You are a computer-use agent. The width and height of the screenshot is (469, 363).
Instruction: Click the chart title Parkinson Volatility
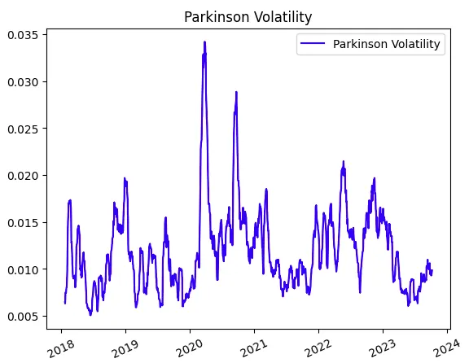click(248, 16)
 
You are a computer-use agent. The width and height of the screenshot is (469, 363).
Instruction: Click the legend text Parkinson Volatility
click(387, 45)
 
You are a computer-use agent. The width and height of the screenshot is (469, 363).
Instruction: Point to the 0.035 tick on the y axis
click(24, 34)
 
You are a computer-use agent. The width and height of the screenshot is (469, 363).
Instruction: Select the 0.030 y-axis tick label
click(24, 81)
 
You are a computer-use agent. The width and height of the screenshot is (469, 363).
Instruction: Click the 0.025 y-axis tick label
click(24, 129)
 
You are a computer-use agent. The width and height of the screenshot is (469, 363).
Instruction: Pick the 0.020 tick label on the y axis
click(24, 176)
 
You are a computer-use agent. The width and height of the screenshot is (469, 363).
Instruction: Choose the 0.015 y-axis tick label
click(24, 222)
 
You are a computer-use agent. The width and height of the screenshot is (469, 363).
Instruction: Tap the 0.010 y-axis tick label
click(24, 269)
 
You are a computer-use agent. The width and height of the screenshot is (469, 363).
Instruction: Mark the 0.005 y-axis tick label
click(24, 317)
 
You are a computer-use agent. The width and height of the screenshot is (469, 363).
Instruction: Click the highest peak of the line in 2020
click(204, 42)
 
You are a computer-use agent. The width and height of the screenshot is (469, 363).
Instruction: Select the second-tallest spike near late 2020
click(236, 92)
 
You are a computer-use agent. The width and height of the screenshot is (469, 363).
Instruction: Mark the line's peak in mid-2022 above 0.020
click(343, 161)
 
